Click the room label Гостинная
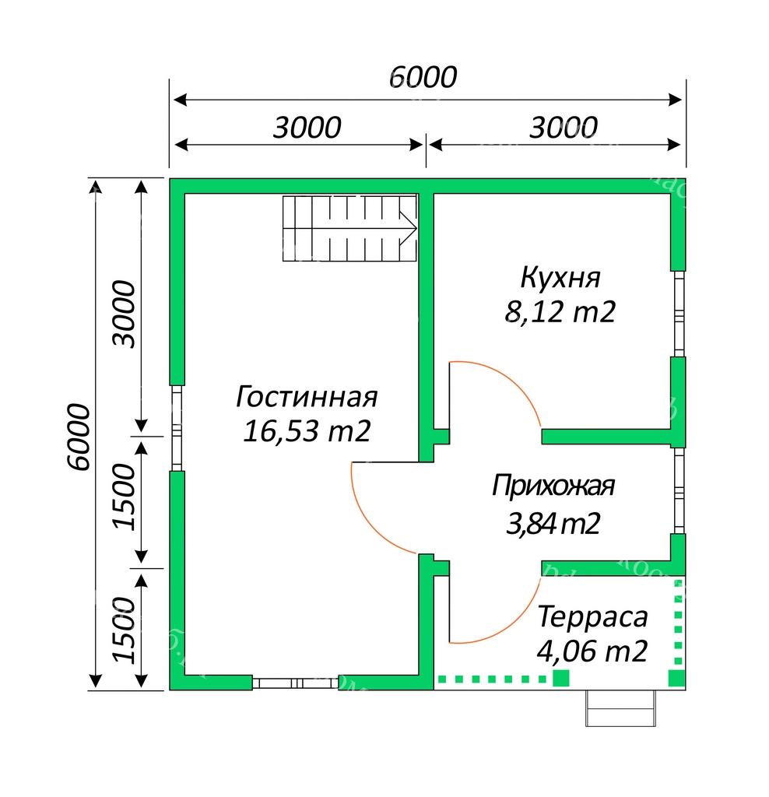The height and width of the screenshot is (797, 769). click(307, 396)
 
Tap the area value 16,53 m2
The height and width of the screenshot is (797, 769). click(307, 431)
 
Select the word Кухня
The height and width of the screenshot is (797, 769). click(560, 278)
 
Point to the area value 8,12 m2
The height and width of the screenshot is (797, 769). click(560, 311)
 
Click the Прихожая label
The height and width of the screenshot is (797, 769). click(553, 486)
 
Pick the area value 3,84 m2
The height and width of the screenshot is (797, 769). click(553, 524)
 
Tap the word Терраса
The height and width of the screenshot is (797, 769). click(592, 616)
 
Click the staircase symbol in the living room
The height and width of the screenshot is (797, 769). click(349, 228)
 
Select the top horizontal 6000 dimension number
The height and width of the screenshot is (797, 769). click(423, 77)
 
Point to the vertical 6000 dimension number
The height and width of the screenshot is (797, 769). click(79, 437)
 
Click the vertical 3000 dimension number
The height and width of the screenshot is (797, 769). click(124, 314)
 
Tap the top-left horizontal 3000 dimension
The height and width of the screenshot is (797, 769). click(307, 127)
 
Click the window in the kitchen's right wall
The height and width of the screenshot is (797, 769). click(679, 314)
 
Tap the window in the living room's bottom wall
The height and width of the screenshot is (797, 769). click(295, 682)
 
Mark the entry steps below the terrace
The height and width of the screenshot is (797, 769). click(620, 707)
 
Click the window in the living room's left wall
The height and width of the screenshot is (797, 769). click(177, 428)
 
